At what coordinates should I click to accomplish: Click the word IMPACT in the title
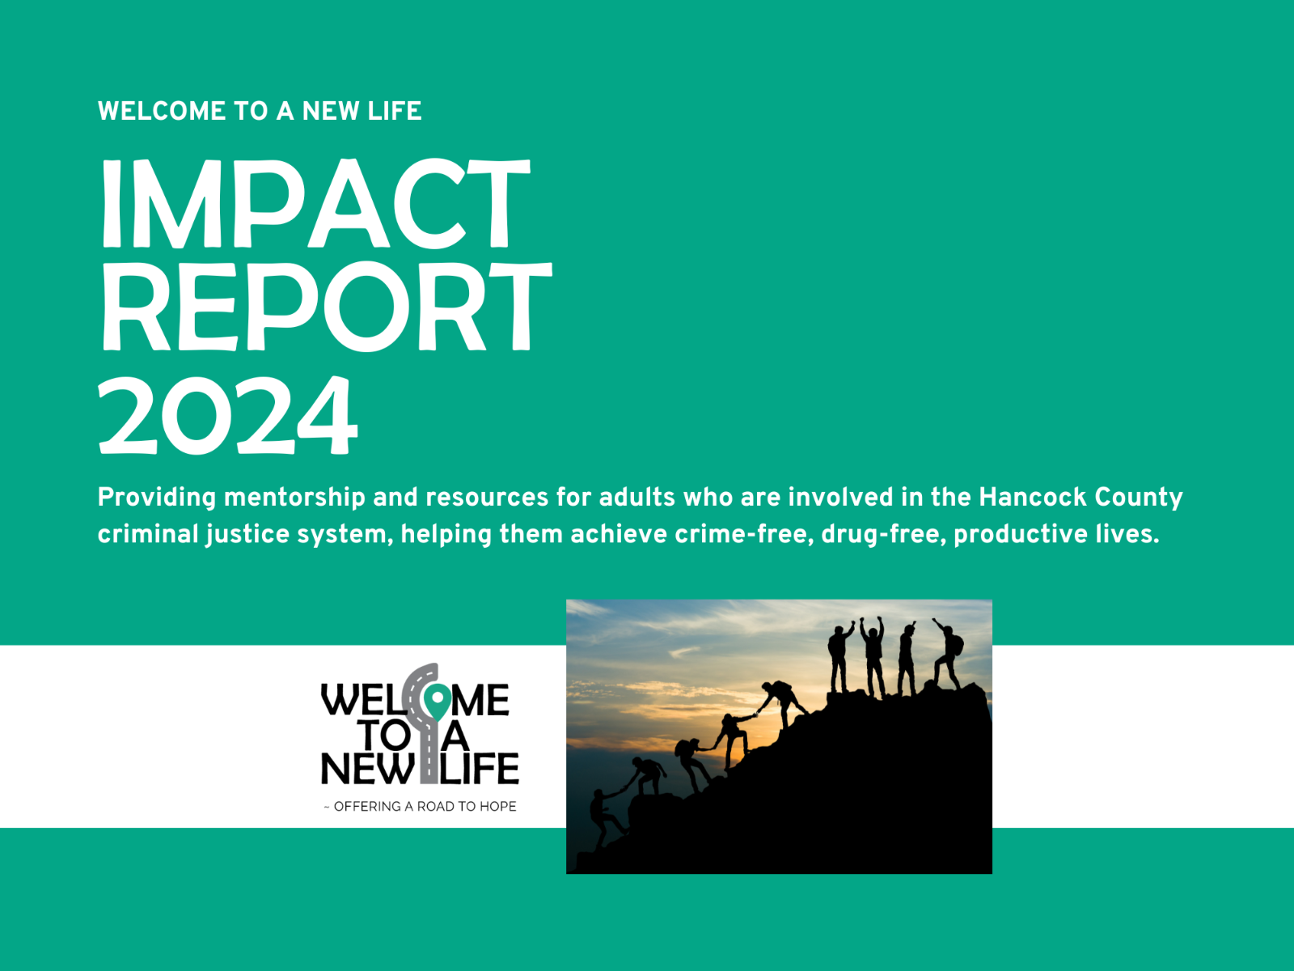click(x=315, y=204)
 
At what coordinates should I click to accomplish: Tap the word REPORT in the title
click(x=325, y=307)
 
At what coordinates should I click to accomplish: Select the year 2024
click(x=227, y=416)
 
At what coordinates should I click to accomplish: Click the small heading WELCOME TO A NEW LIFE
click(x=260, y=111)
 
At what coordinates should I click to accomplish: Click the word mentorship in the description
click(x=294, y=497)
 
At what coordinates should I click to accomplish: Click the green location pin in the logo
click(x=438, y=701)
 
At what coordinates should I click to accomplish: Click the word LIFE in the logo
click(x=480, y=769)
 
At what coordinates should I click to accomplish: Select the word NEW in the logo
click(x=367, y=769)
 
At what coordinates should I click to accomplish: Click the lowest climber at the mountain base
click(x=604, y=817)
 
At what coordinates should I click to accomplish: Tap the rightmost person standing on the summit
click(x=947, y=655)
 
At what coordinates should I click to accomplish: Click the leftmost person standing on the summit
click(x=839, y=657)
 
